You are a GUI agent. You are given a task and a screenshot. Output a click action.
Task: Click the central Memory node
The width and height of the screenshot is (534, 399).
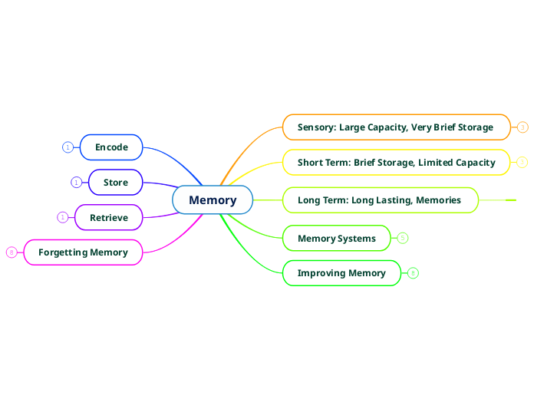(x=213, y=200)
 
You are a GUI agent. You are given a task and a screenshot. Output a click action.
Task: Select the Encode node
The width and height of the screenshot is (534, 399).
(x=111, y=147)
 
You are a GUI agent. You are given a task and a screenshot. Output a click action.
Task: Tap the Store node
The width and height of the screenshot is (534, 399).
(x=116, y=182)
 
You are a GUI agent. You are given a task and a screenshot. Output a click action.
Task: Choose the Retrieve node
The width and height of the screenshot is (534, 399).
(x=109, y=217)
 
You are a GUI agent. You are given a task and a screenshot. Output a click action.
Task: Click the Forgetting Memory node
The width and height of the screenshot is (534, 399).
(x=83, y=252)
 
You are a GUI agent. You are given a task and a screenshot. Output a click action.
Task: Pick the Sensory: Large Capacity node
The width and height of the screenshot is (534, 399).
(x=395, y=127)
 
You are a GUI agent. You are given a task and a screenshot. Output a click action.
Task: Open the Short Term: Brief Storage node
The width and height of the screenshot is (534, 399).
(x=396, y=163)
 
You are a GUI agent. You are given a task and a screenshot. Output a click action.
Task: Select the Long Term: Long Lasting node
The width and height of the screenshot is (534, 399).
(x=379, y=200)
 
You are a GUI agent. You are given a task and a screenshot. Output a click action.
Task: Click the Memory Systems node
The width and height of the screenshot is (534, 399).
(x=336, y=238)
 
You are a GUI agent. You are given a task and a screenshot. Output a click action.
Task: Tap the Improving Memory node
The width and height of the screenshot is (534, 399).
(x=341, y=273)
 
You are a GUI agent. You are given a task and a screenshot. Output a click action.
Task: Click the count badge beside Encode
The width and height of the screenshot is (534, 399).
(x=68, y=147)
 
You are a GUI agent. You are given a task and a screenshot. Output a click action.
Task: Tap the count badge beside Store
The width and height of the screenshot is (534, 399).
(x=76, y=182)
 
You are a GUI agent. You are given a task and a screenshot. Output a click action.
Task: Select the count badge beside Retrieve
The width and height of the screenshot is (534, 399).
(x=62, y=217)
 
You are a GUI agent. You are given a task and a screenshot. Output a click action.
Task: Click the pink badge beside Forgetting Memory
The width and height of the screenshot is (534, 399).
(x=12, y=252)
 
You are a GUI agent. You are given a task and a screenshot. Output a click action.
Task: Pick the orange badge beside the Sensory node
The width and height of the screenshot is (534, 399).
(x=522, y=127)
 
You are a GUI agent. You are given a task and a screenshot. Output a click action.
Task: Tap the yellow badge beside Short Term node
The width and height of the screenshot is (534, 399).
(x=522, y=163)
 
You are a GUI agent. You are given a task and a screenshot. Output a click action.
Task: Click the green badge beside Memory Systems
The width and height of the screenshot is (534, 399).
(x=403, y=238)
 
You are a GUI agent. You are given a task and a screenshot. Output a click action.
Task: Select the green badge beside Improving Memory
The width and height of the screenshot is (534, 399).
(x=413, y=273)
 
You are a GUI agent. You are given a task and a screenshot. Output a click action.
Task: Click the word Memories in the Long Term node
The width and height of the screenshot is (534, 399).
(x=440, y=200)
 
